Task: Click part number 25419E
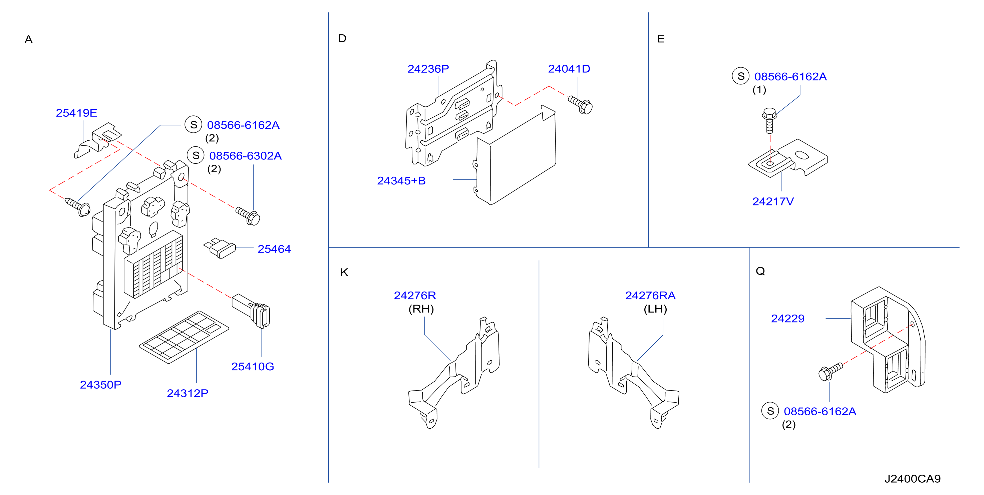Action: pyautogui.click(x=76, y=113)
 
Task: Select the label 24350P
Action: pyautogui.click(x=100, y=385)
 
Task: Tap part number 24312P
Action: pyautogui.click(x=188, y=393)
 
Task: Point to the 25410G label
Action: pyautogui.click(x=253, y=366)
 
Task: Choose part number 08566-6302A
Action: pyautogui.click(x=245, y=155)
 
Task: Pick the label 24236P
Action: pyautogui.click(x=428, y=69)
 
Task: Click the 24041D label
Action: pyautogui.click(x=569, y=69)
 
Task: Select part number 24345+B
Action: pyautogui.click(x=401, y=181)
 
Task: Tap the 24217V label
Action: pyautogui.click(x=773, y=201)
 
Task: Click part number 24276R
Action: pyautogui.click(x=415, y=295)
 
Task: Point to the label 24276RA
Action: pyautogui.click(x=650, y=295)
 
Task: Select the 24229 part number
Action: pyautogui.click(x=788, y=318)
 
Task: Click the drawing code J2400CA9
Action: pyautogui.click(x=912, y=479)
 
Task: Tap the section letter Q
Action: pyautogui.click(x=760, y=271)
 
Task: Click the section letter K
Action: pyautogui.click(x=344, y=272)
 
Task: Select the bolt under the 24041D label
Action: pyautogui.click(x=580, y=104)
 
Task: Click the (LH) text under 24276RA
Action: pyautogui.click(x=655, y=309)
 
